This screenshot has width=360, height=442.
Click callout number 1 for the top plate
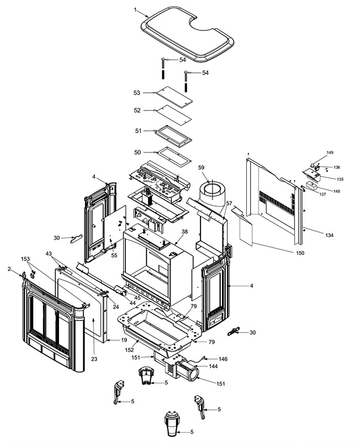tap(135, 10)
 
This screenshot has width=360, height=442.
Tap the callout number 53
tap(136, 93)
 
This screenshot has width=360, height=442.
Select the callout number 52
tap(137, 110)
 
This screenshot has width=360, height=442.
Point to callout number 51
tap(138, 131)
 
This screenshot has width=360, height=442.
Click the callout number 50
tap(137, 152)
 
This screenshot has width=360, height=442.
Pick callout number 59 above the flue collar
tap(201, 167)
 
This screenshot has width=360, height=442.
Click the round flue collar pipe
tap(213, 194)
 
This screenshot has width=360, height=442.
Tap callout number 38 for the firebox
tap(185, 231)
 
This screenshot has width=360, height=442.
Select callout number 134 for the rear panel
tap(329, 235)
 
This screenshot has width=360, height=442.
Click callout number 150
tap(300, 253)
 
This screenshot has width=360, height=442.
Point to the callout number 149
tap(330, 152)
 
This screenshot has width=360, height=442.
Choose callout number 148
tap(337, 191)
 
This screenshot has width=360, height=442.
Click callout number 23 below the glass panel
tap(94, 359)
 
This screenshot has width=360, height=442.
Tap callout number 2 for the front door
tap(9, 269)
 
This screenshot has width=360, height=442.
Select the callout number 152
tap(129, 350)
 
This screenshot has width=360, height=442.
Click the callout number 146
tap(223, 359)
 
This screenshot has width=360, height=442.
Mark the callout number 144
tap(213, 366)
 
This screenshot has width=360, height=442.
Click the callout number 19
tap(124, 340)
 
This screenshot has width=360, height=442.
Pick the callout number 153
tap(25, 259)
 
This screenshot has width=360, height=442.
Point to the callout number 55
tap(114, 255)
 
